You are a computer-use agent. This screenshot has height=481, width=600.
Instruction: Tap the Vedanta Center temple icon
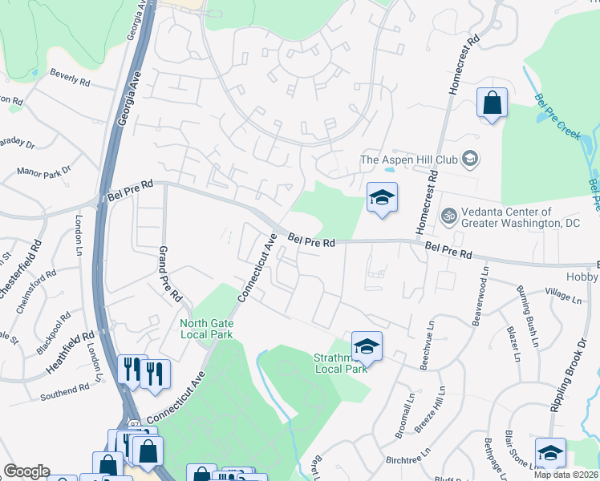pyautogui.click(x=448, y=216)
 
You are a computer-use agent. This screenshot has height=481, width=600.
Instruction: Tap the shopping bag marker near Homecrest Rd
pyautogui.click(x=492, y=104)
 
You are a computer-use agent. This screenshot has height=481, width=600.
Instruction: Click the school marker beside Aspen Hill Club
pyautogui.click(x=382, y=198)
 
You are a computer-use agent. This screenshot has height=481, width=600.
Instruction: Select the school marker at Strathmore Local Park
pyautogui.click(x=367, y=346)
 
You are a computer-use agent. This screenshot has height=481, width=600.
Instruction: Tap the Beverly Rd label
pyautogui.click(x=70, y=77)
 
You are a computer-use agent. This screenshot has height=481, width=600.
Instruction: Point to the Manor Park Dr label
pyautogui.click(x=44, y=172)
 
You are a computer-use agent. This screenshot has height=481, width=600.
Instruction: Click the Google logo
pyautogui.click(x=26, y=471)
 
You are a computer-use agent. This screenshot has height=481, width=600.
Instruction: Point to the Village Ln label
pyautogui.click(x=562, y=294)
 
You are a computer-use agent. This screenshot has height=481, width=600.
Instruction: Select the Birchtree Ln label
pyautogui.click(x=408, y=460)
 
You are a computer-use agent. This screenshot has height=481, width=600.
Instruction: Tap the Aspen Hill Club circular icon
pyautogui.click(x=471, y=159)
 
